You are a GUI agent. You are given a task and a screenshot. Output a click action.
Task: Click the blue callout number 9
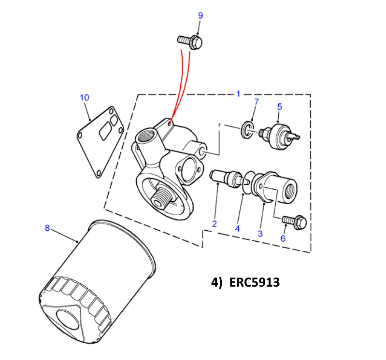click(x=200, y=16)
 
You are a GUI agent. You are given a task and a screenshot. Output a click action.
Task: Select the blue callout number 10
click(x=85, y=97)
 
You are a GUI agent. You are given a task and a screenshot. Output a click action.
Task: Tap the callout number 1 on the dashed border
click(x=238, y=94)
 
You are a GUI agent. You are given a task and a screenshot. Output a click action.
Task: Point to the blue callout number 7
click(x=257, y=102)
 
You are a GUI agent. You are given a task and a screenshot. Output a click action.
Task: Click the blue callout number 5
click(x=279, y=107)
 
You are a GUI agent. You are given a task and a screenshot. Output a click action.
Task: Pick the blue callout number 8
click(x=47, y=228)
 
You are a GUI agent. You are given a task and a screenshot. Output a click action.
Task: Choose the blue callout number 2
click(x=214, y=224)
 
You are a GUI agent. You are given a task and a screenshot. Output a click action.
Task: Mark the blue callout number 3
click(x=260, y=234)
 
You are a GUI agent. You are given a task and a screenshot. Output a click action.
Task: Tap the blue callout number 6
click(x=283, y=238)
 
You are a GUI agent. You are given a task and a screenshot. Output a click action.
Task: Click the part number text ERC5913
click(x=254, y=282)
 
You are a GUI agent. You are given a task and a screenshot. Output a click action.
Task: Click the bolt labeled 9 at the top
click(x=190, y=42)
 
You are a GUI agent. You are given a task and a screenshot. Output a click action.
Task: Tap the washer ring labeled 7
click(x=247, y=129)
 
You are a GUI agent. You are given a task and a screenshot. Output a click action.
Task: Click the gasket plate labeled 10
click(x=100, y=142)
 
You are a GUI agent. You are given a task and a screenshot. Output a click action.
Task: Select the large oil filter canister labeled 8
click(x=97, y=281)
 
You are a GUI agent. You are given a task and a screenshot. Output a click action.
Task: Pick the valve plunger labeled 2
click(x=226, y=178)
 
